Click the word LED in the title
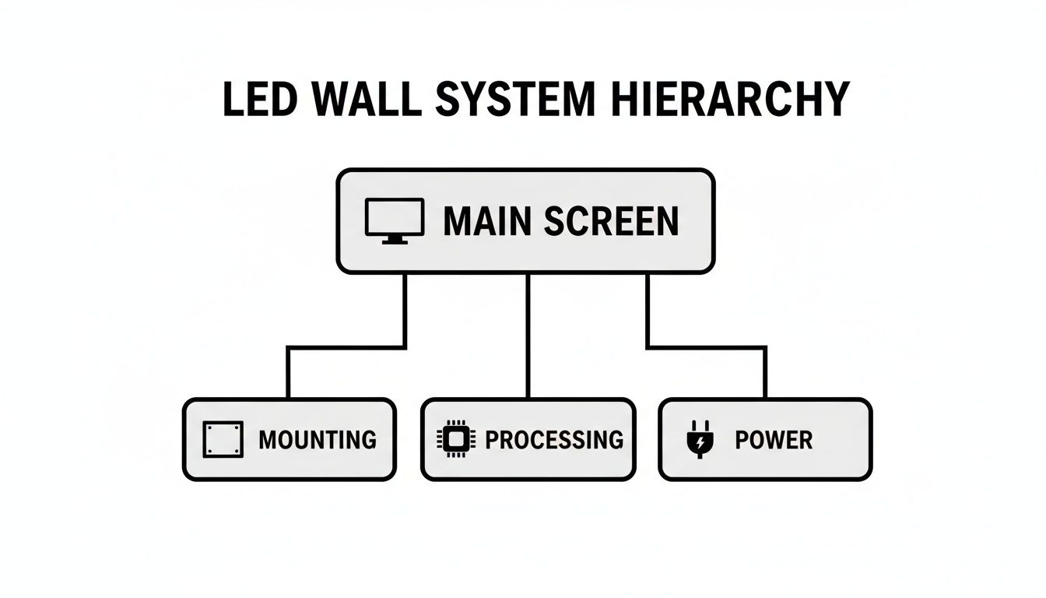tap(260, 100)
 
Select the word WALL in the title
tap(363, 100)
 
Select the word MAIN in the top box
tap(487, 221)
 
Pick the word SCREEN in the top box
tap(610, 221)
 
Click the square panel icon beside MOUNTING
tap(223, 439)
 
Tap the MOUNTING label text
tap(317, 440)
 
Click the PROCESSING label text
tap(553, 440)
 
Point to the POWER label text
tap(773, 440)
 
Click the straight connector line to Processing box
tap(528, 335)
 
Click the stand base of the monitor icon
tap(395, 241)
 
